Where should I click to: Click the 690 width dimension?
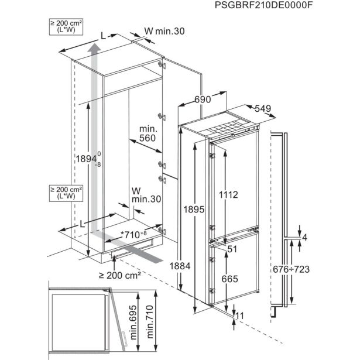click(202, 100)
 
